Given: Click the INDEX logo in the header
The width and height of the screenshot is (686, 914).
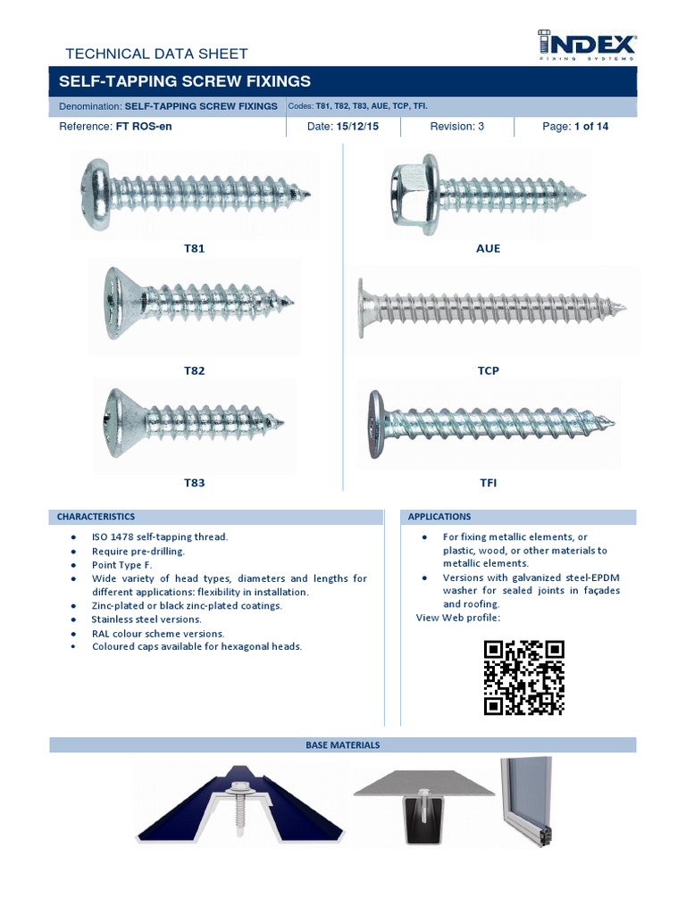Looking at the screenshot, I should tap(586, 45).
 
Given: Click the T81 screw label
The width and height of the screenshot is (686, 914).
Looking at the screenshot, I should tap(194, 248).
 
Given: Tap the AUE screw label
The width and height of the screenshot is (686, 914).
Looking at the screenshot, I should tap(489, 248).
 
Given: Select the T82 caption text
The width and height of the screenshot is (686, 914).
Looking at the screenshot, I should tap(194, 370).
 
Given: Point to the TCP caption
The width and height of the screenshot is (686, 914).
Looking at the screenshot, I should tap(489, 370).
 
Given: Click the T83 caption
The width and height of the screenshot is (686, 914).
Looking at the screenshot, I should tap(194, 483).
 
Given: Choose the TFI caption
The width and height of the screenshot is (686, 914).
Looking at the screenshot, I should tap(489, 483).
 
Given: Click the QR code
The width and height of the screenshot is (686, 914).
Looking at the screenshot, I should tap(524, 677).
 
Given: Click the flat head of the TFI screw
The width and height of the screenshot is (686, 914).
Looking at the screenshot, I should tap(376, 424).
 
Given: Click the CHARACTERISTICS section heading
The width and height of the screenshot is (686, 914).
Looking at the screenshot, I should tap(96, 517).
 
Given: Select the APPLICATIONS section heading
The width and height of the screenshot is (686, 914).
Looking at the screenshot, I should tap(439, 517).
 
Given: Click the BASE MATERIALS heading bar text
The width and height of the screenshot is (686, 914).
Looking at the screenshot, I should tap(343, 744).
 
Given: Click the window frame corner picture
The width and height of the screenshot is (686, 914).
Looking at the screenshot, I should tap(530, 801).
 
